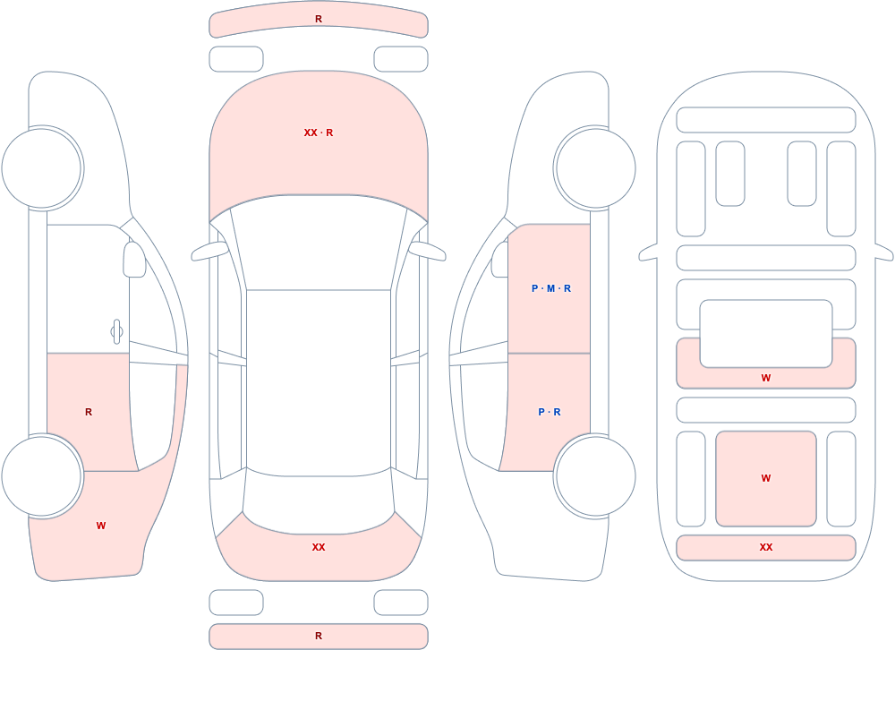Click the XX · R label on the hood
319,133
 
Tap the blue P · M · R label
550,288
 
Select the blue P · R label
550,412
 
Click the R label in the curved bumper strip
319,19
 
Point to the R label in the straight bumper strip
319,636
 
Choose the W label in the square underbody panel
766,478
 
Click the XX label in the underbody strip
766,547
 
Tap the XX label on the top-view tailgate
319,547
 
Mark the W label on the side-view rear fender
101,526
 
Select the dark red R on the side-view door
89,412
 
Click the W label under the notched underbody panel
766,378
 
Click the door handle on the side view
116,332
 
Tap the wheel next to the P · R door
595,475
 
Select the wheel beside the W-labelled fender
42,475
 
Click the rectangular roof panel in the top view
319,381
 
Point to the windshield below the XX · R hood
319,243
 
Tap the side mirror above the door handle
135,260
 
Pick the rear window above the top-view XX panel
319,501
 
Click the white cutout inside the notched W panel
766,334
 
